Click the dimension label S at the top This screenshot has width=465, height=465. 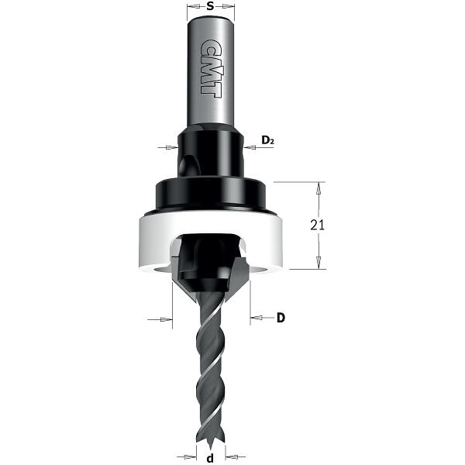tap(210, 6)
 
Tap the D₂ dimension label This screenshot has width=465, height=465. tap(267, 139)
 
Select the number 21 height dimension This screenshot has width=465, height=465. tap(317, 226)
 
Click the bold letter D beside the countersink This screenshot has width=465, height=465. tap(281, 318)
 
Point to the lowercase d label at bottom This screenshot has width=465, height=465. tap(210, 458)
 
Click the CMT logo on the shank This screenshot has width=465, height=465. tap(211, 69)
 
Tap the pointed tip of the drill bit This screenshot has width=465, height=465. tap(210, 448)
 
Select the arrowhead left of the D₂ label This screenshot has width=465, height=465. tap(250, 147)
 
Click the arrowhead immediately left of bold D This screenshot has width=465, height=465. tap(257, 318)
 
